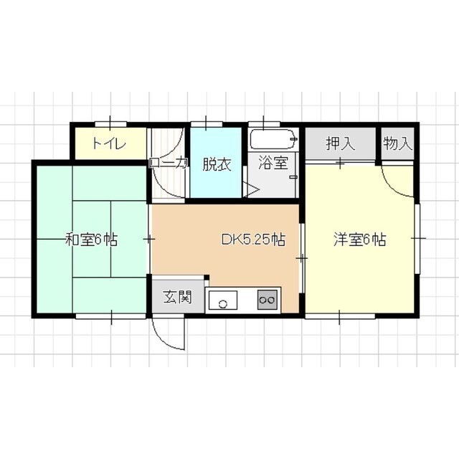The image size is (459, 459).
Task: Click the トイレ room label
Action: (108, 143)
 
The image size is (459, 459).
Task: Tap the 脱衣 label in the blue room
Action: (216, 164)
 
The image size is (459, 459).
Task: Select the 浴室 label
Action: (273, 164)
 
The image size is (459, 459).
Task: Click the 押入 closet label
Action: (341, 143)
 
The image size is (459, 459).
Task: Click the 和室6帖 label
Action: (91, 240)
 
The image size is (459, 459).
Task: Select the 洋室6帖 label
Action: (360, 240)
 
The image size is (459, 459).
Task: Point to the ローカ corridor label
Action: (168, 164)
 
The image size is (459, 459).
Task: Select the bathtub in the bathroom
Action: (273, 138)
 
